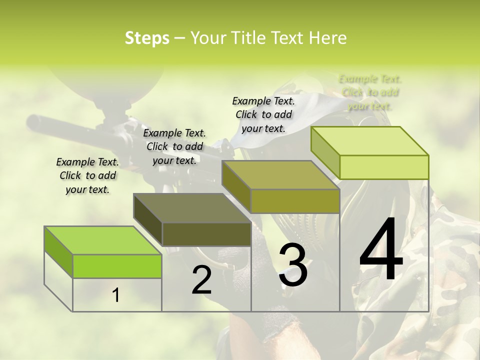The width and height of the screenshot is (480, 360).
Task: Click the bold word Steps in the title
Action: tap(147, 38)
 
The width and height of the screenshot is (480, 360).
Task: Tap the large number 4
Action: tap(381, 250)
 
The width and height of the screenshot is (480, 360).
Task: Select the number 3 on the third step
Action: tap(293, 265)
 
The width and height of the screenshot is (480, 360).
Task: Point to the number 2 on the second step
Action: tap(201, 280)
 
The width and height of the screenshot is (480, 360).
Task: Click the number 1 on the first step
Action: tap(116, 295)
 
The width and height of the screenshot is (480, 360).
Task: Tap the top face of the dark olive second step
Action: tap(192, 207)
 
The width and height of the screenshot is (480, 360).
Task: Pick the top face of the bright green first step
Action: tap(103, 240)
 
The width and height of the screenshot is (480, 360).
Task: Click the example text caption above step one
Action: tap(87, 175)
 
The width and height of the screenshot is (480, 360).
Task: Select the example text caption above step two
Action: tap(174, 146)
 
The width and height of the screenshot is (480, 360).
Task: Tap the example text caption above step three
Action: tap(263, 114)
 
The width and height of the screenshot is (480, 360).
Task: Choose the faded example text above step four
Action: tap(370, 92)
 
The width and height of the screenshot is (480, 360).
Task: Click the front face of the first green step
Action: tap(117, 266)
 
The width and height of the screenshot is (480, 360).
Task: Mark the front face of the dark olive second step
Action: tap(206, 234)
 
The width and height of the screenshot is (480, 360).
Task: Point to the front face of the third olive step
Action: tap(295, 201)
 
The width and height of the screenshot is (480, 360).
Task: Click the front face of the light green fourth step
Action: tap(384, 167)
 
